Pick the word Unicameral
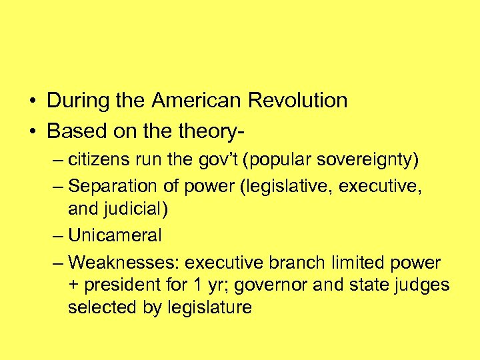tap(115, 235)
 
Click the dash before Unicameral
tap(58, 235)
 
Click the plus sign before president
tap(73, 286)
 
